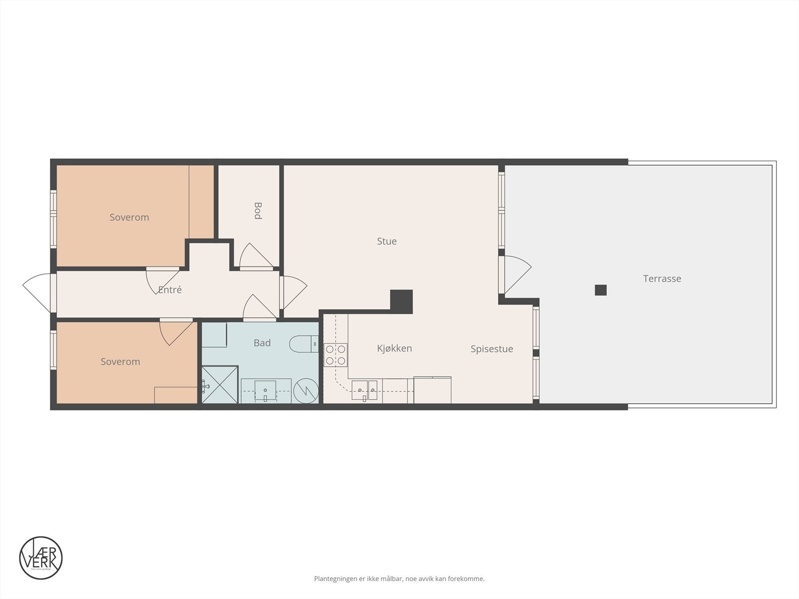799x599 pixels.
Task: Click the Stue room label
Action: pyautogui.click(x=387, y=241)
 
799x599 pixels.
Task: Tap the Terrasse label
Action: pyautogui.click(x=662, y=279)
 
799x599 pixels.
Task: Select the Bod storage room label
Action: pyautogui.click(x=258, y=210)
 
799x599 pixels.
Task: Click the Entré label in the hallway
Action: pyautogui.click(x=170, y=290)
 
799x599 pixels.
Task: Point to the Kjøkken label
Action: pyautogui.click(x=394, y=348)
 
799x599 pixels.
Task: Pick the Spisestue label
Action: pyautogui.click(x=491, y=349)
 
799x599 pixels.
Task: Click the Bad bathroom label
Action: pyautogui.click(x=262, y=342)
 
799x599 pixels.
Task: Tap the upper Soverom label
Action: pyautogui.click(x=129, y=217)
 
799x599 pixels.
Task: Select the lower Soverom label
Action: pyautogui.click(x=120, y=361)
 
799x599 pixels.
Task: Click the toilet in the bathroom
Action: pyautogui.click(x=303, y=343)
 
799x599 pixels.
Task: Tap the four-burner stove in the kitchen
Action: pyautogui.click(x=335, y=355)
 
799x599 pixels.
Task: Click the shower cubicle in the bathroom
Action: pyautogui.click(x=220, y=384)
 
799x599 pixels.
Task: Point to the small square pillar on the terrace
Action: pyautogui.click(x=600, y=290)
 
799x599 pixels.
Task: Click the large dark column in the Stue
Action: pyautogui.click(x=401, y=301)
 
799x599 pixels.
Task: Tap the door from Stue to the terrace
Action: pyautogui.click(x=517, y=275)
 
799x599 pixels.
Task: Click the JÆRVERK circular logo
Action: pyautogui.click(x=40, y=558)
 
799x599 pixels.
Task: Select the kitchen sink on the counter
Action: pyautogui.click(x=364, y=390)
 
